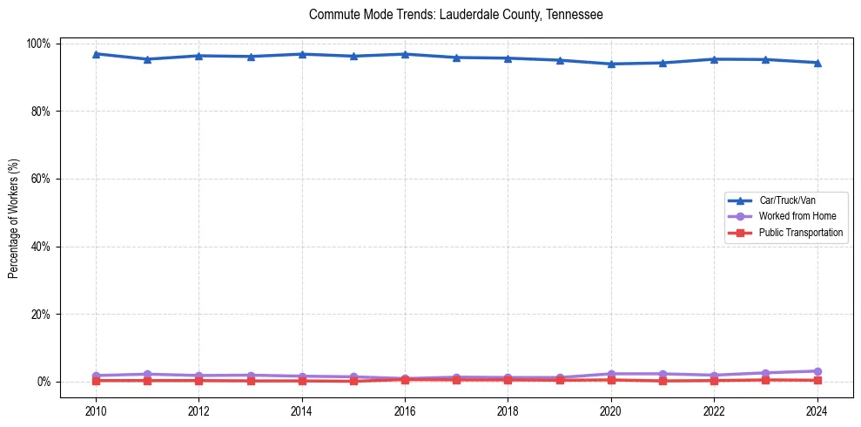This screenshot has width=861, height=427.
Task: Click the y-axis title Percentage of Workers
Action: pyautogui.click(x=14, y=213)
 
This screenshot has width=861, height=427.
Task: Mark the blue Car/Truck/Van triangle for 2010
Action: pyautogui.click(x=96, y=54)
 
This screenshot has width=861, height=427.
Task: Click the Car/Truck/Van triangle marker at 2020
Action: pyautogui.click(x=611, y=64)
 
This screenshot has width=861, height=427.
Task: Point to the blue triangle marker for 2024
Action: pyautogui.click(x=817, y=63)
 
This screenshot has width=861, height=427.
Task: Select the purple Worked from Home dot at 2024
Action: pyautogui.click(x=817, y=371)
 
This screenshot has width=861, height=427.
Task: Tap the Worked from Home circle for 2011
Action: pyautogui.click(x=147, y=374)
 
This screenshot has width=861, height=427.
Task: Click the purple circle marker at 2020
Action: pyautogui.click(x=611, y=374)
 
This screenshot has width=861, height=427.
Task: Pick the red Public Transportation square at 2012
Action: pyautogui.click(x=198, y=380)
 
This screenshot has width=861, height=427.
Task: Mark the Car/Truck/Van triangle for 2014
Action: pyautogui.click(x=301, y=54)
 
